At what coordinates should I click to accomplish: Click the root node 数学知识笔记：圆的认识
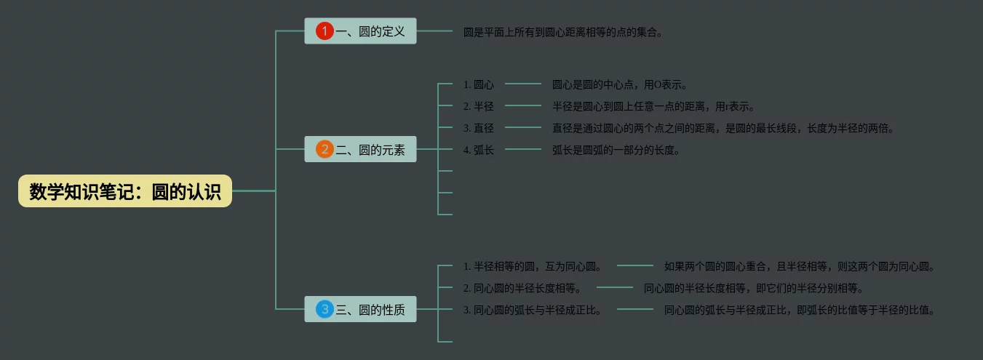point(125,191)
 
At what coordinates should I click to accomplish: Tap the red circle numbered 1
point(325,31)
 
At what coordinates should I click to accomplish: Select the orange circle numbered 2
point(325,150)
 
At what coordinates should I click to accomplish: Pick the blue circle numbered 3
point(325,309)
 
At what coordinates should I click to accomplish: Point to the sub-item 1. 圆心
point(479,85)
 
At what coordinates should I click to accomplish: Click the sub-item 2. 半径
point(479,107)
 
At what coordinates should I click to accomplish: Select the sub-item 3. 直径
point(479,129)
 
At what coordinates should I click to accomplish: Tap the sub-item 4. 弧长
point(479,151)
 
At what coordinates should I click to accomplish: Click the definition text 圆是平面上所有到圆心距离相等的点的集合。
point(563,32)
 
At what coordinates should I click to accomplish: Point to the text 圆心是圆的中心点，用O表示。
point(620,85)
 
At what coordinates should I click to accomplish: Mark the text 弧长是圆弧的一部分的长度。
point(616,151)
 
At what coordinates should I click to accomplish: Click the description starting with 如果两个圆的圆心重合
point(799,266)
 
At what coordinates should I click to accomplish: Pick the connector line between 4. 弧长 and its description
point(523,151)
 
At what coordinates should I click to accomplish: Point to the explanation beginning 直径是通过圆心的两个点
point(723,129)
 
